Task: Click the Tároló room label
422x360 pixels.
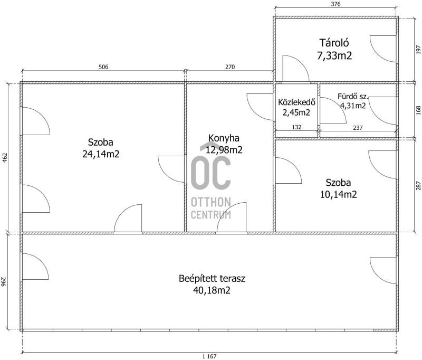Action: pos(334,43)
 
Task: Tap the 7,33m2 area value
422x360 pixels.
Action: pos(334,56)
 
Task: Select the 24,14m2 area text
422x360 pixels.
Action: pos(101,154)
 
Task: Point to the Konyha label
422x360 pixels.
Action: pos(224,138)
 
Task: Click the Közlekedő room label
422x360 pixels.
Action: pos(296,102)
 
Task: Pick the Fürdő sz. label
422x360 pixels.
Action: pos(353,97)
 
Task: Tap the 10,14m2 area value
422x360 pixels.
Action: pos(338,194)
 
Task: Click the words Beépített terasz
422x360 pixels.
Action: pos(212,278)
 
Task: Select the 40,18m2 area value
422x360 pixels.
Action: pos(212,290)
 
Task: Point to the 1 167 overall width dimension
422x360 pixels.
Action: pos(209,356)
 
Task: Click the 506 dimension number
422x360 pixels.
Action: pos(103,67)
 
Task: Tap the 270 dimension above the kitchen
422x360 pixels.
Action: pos(230,67)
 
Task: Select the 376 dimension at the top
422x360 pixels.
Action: pos(335,4)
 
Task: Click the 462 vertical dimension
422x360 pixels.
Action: pos(5,158)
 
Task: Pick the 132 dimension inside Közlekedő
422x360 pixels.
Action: pos(296,127)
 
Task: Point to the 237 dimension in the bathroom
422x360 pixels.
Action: pos(358,128)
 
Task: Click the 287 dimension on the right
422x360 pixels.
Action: pos(418,185)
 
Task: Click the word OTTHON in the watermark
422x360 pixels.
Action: pos(210,202)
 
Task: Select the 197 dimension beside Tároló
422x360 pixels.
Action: pos(418,50)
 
